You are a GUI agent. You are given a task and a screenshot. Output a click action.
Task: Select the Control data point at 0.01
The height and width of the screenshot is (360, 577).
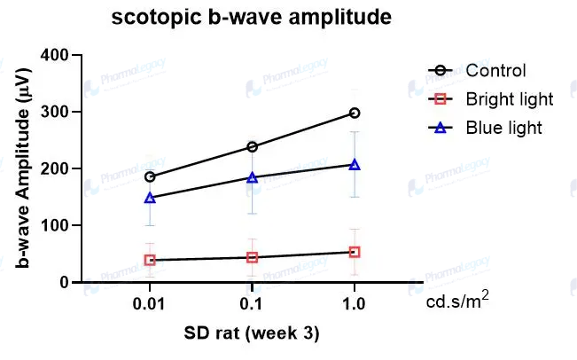[x=150, y=176]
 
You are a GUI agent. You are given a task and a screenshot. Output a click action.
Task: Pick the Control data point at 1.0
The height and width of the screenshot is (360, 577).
[x=355, y=113]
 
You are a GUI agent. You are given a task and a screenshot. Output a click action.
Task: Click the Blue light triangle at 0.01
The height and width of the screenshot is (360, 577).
[x=150, y=198]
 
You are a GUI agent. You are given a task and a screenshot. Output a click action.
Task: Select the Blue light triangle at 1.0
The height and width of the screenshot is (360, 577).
[x=355, y=164]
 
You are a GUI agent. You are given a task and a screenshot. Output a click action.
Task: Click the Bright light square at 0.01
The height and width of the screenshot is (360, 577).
[x=150, y=260]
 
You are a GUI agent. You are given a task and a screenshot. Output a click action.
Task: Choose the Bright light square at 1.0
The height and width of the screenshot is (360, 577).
[x=355, y=252]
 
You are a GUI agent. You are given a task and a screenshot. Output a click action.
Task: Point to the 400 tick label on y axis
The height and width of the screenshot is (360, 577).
[x=57, y=55]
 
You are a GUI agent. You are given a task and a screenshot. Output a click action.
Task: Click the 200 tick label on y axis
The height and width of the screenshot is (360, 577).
[x=57, y=168]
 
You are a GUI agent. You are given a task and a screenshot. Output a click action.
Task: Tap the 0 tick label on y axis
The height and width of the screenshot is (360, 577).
[x=64, y=282]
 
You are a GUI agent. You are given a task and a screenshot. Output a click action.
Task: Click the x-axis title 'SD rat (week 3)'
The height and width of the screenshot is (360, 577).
[x=252, y=334]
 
